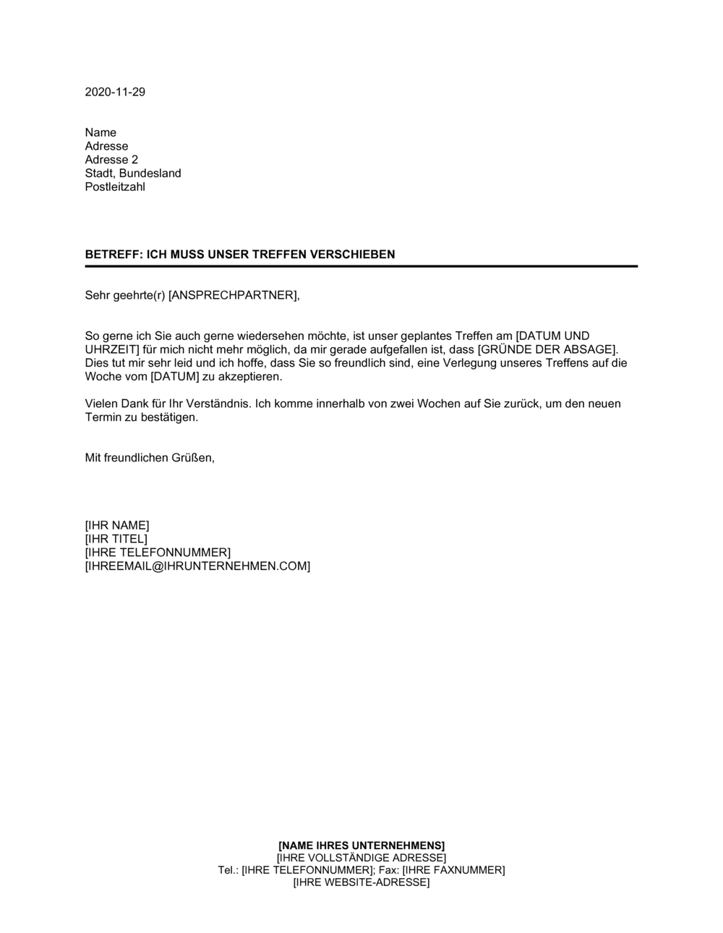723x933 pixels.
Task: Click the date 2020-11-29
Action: tap(115, 92)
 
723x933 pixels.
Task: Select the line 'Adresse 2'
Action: tap(111, 160)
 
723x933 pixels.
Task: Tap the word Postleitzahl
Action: tap(115, 187)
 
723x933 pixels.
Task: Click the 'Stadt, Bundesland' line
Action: tap(133, 174)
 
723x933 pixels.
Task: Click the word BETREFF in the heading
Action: tap(112, 255)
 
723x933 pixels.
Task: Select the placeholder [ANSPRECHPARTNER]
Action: tap(232, 295)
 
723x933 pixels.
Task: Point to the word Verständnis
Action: tap(217, 404)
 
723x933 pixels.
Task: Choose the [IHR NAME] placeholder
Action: tap(117, 525)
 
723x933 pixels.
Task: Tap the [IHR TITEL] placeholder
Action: tap(116, 539)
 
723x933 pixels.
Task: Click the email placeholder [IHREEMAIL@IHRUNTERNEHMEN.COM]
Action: tap(197, 566)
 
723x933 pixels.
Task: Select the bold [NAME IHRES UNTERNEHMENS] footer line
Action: tap(361, 845)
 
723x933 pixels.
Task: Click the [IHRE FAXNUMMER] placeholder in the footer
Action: tap(453, 870)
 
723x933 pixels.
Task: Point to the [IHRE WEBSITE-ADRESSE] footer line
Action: tap(361, 882)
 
